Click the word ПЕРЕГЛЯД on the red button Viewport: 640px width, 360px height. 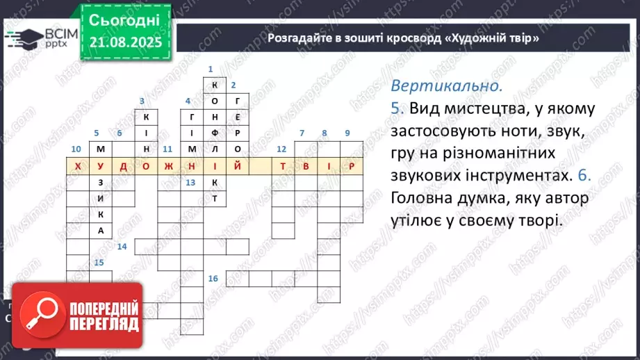click(105, 324)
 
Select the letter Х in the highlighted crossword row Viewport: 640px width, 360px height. click(78, 167)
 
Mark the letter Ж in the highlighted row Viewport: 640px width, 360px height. click(169, 167)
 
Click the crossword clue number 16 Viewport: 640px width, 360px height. click(213, 279)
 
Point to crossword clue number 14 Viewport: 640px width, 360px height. click(122, 247)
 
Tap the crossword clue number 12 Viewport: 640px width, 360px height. click(281, 149)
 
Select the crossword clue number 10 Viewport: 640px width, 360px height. click(76, 149)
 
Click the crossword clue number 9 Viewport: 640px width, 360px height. click(347, 133)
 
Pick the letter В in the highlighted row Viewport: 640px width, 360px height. click(305, 167)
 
